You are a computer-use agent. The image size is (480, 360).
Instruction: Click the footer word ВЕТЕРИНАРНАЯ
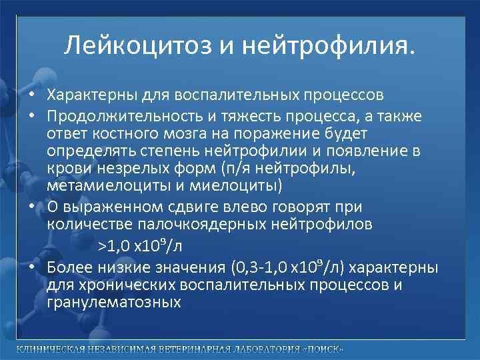[x=188, y=350]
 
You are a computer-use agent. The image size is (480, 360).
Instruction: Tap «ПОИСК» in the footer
[x=323, y=350]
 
